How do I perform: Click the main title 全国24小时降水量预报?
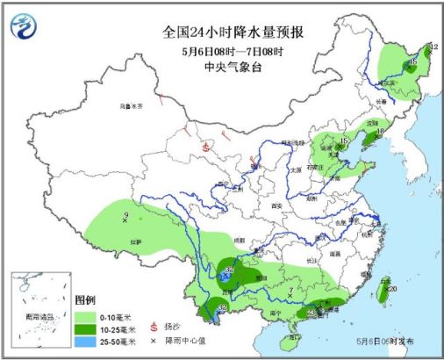pos(225,32)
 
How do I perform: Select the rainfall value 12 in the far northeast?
pos(433,47)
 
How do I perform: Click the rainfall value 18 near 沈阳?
pos(380,132)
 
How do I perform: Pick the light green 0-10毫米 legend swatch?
pos(86,313)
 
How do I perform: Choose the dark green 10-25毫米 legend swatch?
pos(86,327)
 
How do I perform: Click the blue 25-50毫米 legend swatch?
pos(86,341)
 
